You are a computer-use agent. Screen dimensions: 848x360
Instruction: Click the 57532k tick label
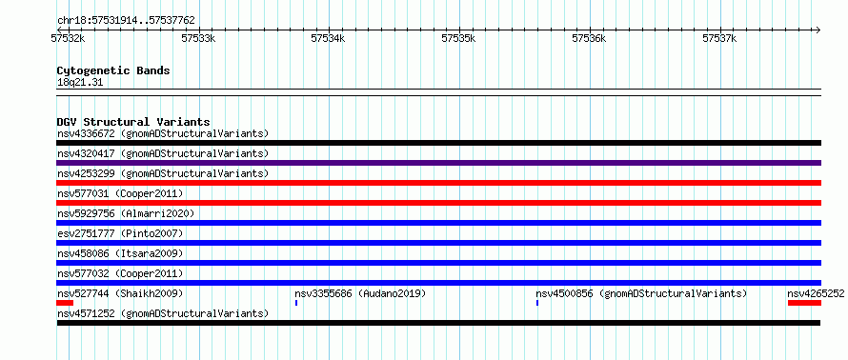pyautogui.click(x=69, y=38)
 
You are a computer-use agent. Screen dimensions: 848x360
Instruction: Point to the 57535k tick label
pyautogui.click(x=459, y=38)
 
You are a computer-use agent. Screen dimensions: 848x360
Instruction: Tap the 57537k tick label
pyautogui.click(x=719, y=38)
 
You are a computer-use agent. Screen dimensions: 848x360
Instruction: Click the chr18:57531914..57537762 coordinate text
pyautogui.click(x=126, y=21)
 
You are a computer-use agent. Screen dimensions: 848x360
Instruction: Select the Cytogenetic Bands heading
pyautogui.click(x=113, y=70)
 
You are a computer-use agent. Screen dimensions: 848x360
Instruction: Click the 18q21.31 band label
pyautogui.click(x=80, y=83)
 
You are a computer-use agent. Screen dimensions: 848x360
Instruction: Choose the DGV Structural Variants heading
pyautogui.click(x=133, y=122)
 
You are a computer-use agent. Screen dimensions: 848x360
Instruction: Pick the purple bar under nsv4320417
pyautogui.click(x=438, y=163)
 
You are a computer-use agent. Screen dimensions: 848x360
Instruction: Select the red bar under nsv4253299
pyautogui.click(x=438, y=183)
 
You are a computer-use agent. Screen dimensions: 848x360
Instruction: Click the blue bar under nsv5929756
pyautogui.click(x=438, y=223)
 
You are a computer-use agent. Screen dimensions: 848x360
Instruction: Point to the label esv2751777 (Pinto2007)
pyautogui.click(x=120, y=233)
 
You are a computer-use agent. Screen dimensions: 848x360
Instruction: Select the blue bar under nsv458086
pyautogui.click(x=438, y=263)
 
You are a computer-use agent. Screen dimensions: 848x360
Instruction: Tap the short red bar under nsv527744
pyautogui.click(x=65, y=303)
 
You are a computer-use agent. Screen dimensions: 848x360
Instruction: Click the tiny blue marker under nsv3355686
pyautogui.click(x=296, y=303)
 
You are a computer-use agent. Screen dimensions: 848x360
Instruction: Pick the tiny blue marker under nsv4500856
pyautogui.click(x=537, y=303)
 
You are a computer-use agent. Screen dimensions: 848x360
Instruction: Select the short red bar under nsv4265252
pyautogui.click(x=805, y=303)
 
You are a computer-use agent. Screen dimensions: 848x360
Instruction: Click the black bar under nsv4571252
pyautogui.click(x=438, y=323)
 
